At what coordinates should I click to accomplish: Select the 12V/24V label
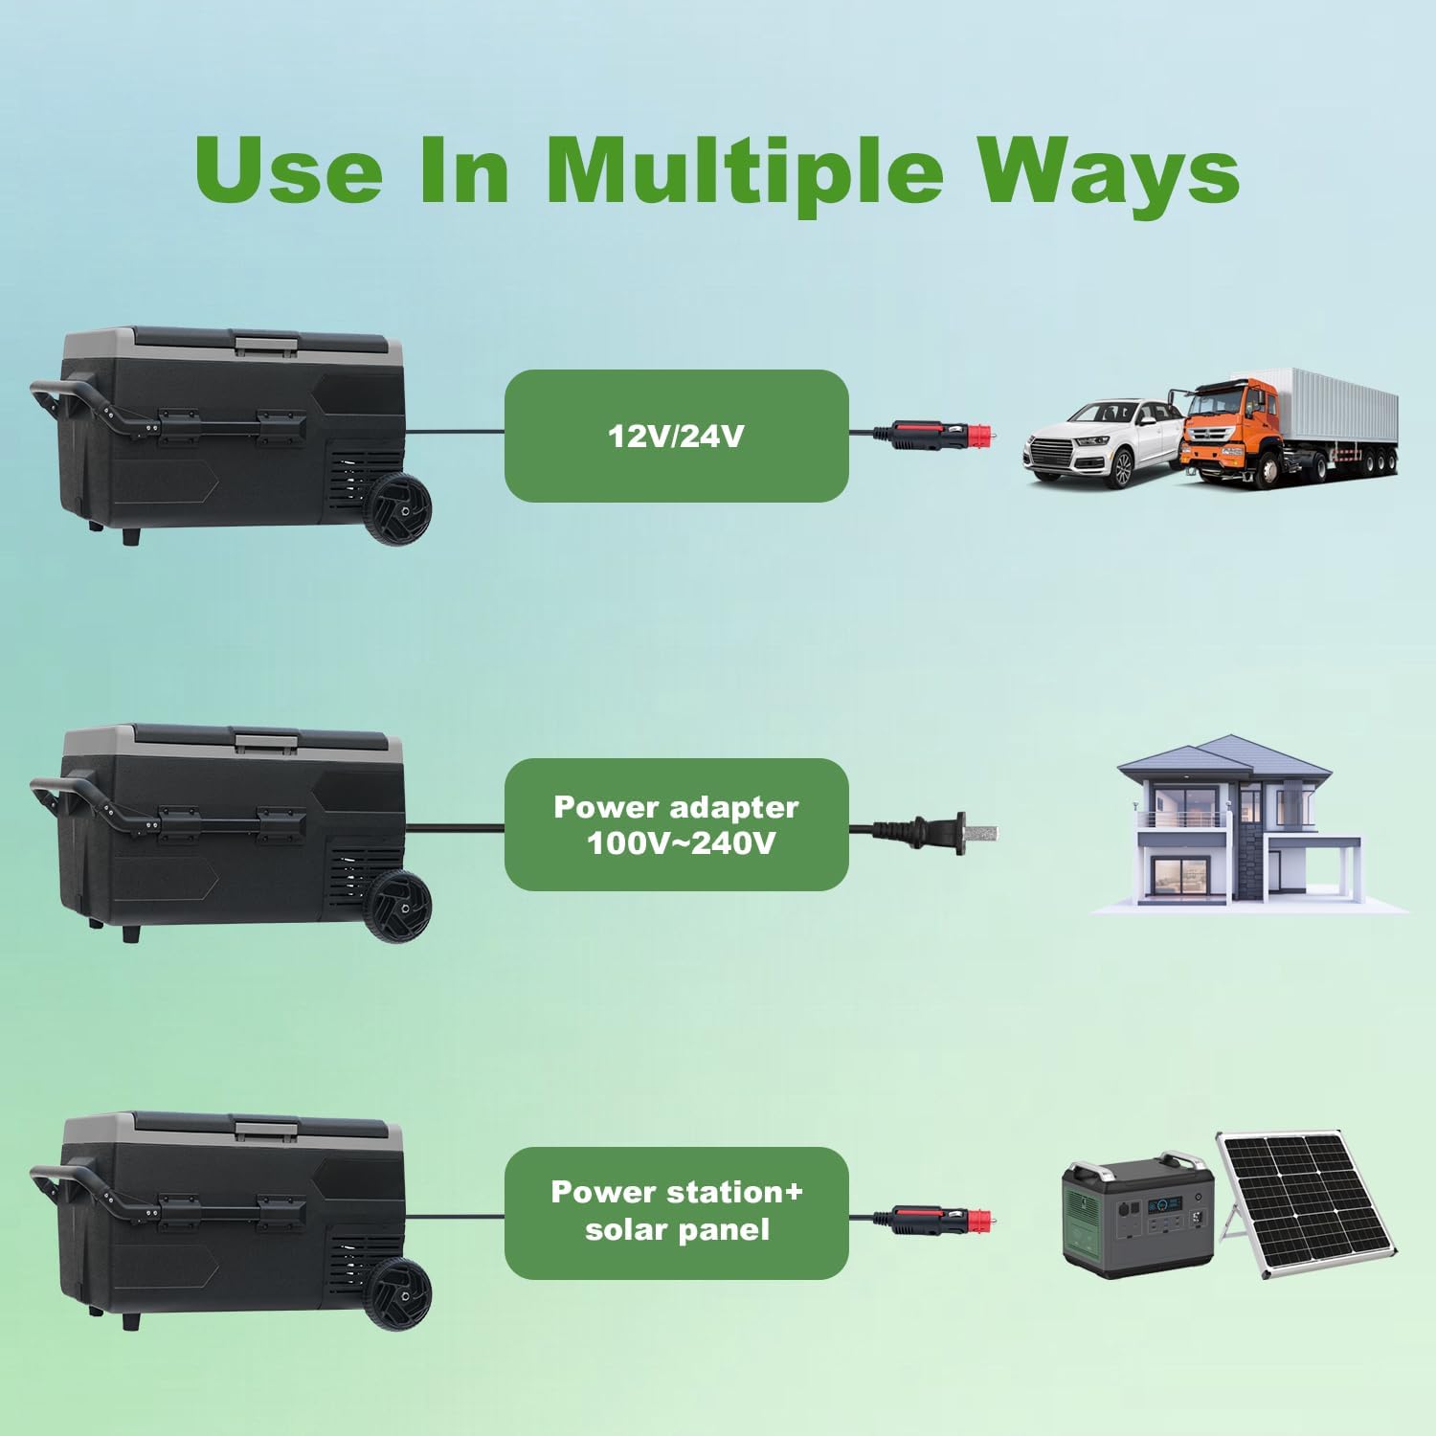click(x=676, y=437)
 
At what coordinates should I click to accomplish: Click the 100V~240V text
click(x=681, y=843)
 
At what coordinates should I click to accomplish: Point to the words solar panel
click(x=677, y=1229)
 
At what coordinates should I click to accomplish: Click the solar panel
click(x=1307, y=1204)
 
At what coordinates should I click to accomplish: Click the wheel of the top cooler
click(x=400, y=512)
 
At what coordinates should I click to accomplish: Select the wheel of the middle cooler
click(x=400, y=906)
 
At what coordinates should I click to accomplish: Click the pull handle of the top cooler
click(x=86, y=407)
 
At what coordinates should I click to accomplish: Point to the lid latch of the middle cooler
click(x=265, y=739)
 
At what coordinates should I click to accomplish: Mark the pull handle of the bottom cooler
click(x=86, y=1192)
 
